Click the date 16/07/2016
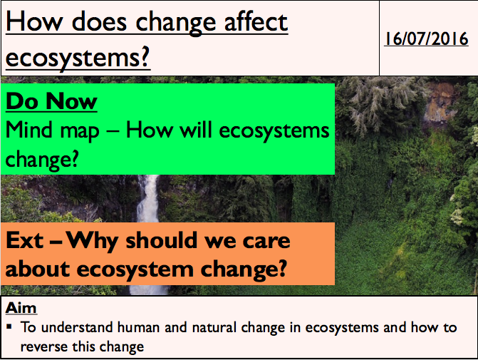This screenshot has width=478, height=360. pos(426,38)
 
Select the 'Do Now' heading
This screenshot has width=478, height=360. pos(51,101)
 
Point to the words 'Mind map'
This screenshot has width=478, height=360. pos(53,131)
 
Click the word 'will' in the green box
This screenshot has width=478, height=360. pos(195,130)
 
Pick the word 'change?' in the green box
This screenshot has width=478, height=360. pos(42,160)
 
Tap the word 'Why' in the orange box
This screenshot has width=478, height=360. pos(92,242)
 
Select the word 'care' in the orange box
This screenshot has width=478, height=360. pos(266,241)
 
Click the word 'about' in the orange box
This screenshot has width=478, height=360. pos(38,269)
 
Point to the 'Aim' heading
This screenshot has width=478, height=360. pos(21,307)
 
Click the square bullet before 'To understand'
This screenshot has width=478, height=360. pos(9,327)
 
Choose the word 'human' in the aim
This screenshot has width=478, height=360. pos(138,327)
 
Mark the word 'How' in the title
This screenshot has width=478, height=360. pos(34,21)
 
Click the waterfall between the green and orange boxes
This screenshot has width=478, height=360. pos(148,198)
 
